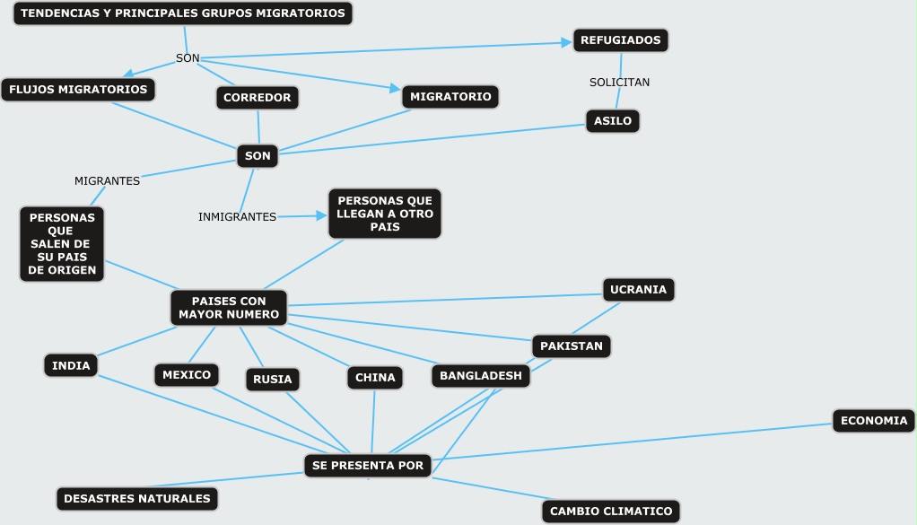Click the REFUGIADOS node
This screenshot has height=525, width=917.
tap(620, 40)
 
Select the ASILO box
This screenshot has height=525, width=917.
tap(613, 121)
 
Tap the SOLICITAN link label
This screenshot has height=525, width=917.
tap(619, 83)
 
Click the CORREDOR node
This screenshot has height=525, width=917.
tap(258, 98)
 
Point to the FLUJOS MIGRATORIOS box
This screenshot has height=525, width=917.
tap(78, 90)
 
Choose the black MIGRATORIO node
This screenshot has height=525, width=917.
tap(450, 96)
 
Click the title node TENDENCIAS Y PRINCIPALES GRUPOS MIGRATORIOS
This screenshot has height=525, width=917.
tap(183, 13)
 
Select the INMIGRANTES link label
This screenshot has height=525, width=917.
tap(237, 217)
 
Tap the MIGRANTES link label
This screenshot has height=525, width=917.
tap(107, 181)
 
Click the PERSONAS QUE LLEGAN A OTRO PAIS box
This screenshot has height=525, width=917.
tap(385, 214)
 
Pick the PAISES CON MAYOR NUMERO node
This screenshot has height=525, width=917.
tap(229, 308)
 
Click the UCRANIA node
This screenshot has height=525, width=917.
tap(638, 290)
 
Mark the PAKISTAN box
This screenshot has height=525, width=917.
tap(572, 346)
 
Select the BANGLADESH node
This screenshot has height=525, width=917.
tap(481, 376)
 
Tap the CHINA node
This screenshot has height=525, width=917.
tap(375, 378)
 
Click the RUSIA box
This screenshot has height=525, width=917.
tap(272, 380)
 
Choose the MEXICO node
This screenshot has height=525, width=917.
tap(187, 375)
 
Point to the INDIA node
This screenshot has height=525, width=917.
tap(71, 365)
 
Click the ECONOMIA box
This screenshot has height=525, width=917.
tap(874, 421)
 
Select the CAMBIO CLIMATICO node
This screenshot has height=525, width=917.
tap(611, 512)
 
